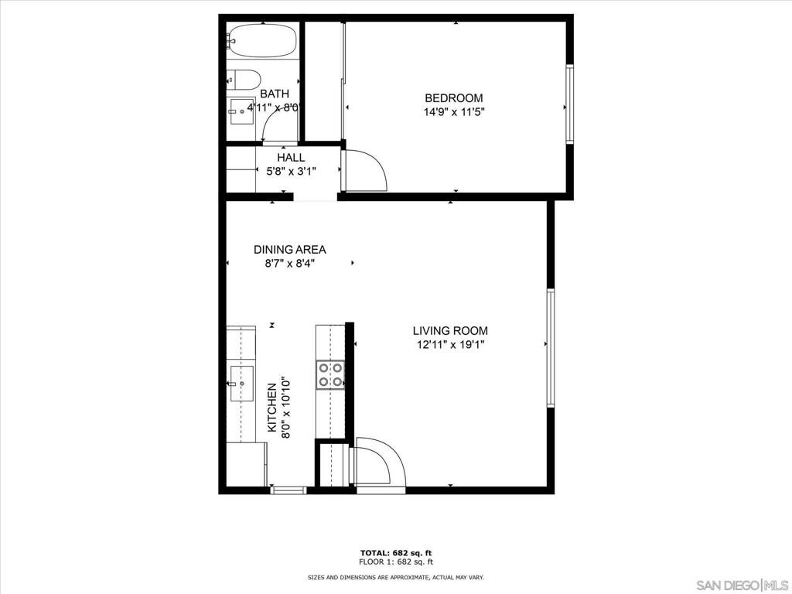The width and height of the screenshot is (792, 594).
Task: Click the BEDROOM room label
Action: point(453,98)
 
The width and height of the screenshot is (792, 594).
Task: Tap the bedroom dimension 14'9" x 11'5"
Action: point(454,111)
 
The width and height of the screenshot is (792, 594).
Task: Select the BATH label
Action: point(275,94)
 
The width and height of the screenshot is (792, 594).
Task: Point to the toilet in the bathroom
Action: point(244,80)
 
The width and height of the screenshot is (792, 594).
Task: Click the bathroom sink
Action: point(241,111)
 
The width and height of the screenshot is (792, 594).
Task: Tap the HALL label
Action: point(291,158)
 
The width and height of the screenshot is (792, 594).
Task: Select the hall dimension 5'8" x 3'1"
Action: point(292,171)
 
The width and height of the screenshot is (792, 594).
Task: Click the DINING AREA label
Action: point(290,250)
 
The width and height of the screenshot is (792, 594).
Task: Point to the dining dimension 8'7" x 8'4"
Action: point(290,263)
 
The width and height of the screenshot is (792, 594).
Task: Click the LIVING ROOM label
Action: point(451,331)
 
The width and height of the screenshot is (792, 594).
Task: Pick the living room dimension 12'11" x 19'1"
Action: point(451,344)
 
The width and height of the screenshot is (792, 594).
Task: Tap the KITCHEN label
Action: point(271,407)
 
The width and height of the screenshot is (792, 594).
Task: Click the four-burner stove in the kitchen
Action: point(330,375)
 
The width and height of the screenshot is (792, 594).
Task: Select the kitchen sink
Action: point(241,384)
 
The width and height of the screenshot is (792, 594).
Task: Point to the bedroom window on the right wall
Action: point(570,104)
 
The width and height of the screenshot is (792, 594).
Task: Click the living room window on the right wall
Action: point(551,347)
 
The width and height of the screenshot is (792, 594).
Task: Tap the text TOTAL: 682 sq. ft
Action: point(396,553)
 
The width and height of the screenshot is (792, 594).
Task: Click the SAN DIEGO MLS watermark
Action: point(742,585)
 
